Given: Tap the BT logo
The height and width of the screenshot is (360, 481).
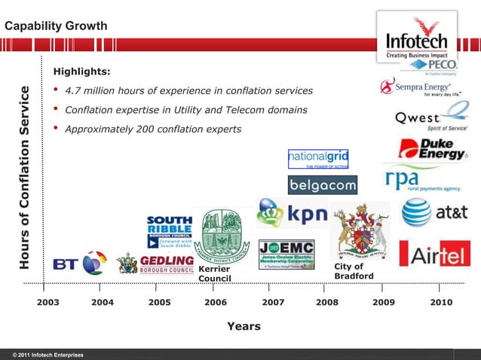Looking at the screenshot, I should pyautogui.click(x=79, y=264).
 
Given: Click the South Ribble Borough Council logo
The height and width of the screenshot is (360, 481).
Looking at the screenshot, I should pyautogui.click(x=169, y=231).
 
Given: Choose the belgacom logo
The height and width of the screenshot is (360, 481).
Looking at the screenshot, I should pyautogui.click(x=322, y=185).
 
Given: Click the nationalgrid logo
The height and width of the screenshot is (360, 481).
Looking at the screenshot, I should pyautogui.click(x=317, y=158).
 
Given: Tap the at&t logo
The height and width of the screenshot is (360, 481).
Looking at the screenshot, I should pyautogui.click(x=437, y=213).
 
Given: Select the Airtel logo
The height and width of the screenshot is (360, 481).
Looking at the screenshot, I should pyautogui.click(x=434, y=254).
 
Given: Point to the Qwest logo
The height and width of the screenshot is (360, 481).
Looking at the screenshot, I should pyautogui.click(x=430, y=117).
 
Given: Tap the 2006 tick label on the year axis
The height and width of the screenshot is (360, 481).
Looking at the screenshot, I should pyautogui.click(x=216, y=302).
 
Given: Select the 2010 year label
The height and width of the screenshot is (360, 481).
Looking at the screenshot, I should pyautogui.click(x=440, y=302).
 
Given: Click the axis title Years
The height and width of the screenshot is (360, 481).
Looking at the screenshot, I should pyautogui.click(x=244, y=326).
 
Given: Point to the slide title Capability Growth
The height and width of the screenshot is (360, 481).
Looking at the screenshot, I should pyautogui.click(x=57, y=26).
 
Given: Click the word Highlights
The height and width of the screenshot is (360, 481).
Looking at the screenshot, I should pyautogui.click(x=82, y=72).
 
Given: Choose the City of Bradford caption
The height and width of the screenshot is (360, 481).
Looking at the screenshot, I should pyautogui.click(x=354, y=271).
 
